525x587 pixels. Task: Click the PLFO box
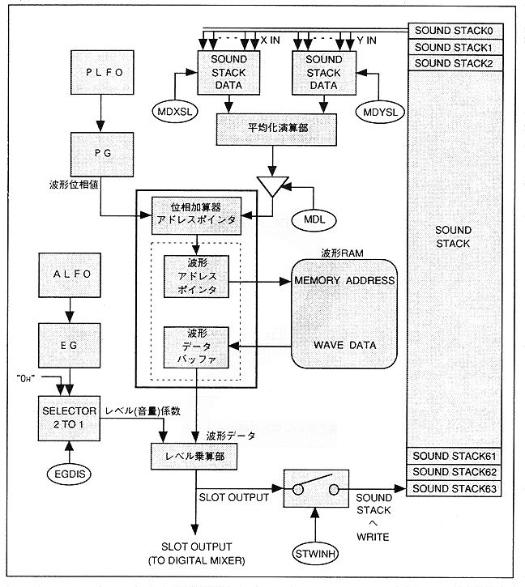coord(100,72)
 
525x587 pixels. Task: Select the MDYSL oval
coord(378,108)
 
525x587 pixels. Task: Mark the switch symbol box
coord(314,489)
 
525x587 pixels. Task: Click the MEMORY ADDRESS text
coord(344,281)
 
